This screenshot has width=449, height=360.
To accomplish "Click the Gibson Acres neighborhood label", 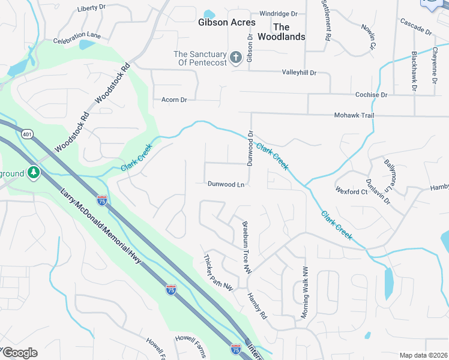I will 227,22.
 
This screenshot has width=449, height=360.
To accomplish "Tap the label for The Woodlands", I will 281,32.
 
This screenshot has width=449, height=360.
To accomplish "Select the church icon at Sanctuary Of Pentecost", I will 237,58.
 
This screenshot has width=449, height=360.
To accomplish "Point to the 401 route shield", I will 26,134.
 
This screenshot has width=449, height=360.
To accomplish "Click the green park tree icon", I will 34,173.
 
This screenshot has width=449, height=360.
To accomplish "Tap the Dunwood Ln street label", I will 226,184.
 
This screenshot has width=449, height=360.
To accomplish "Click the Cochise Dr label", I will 371,95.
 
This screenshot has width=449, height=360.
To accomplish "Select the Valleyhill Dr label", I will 299,73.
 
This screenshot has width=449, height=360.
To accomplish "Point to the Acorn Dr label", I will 175,100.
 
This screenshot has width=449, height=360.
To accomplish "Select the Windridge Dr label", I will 279,13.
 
